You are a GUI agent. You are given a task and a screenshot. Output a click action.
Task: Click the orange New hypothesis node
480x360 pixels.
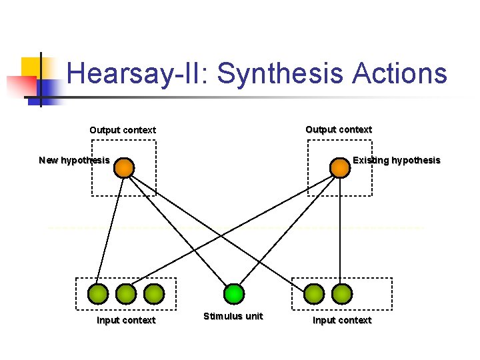coord(123,167)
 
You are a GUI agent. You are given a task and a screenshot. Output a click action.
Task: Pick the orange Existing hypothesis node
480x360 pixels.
coord(340,167)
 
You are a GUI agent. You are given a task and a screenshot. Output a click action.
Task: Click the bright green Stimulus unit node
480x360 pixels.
coord(234,293)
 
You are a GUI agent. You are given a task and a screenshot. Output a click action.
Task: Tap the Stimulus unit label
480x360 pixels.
coord(233,316)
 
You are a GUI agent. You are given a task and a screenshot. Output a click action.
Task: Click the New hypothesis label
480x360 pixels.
coord(74,160)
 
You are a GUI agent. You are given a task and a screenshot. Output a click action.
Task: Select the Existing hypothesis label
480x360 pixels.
coord(397,160)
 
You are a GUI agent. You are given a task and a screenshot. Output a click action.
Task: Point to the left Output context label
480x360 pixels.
coord(123,130)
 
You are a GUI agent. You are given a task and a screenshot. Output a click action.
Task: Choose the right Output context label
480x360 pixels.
coord(339,129)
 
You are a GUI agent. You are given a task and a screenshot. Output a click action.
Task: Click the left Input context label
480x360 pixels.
coord(126,320)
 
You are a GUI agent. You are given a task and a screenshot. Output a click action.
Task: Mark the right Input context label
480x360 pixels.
coord(342,320)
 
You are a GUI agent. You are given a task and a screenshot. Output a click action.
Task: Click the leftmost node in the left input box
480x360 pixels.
coord(98,293)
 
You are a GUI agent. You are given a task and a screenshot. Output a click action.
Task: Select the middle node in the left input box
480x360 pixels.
coord(126,293)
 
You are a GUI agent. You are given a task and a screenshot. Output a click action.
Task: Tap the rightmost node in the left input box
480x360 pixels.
coord(154,293)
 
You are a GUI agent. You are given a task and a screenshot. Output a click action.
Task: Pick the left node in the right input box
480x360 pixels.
coord(314,293)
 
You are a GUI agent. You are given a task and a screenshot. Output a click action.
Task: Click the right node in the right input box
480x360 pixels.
coord(342,293)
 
